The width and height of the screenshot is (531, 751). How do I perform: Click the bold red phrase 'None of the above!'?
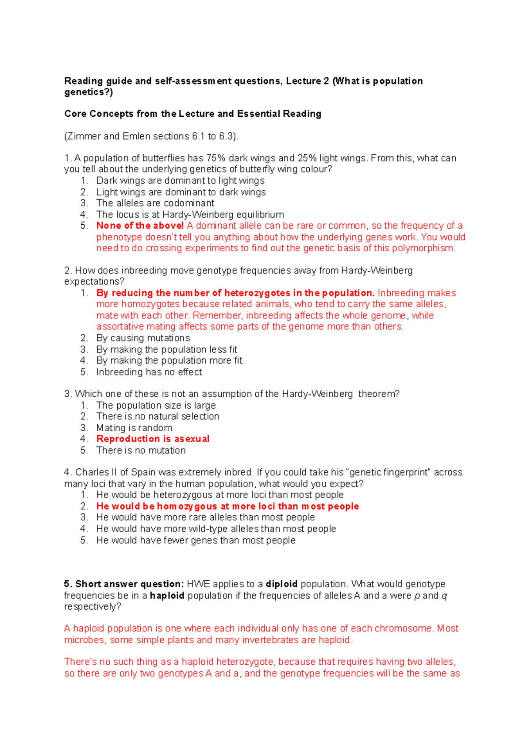coord(140,226)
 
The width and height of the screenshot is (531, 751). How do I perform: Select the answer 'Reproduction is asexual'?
coord(153,439)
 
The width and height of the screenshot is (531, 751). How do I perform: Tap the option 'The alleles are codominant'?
coord(155,203)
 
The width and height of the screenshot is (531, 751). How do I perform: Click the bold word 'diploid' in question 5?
coord(281,584)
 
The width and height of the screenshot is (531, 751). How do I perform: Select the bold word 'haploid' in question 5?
coord(167,595)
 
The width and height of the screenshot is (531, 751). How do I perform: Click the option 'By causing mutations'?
coord(143,338)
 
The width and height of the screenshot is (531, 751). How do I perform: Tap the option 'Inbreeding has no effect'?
coord(149,372)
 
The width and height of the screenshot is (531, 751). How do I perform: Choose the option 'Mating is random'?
coord(134,428)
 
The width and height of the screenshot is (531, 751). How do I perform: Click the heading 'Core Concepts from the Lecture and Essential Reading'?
coord(192,114)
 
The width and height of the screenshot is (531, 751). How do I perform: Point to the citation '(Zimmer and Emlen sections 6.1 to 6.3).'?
coord(151,136)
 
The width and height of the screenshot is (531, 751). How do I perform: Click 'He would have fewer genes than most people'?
coord(196,540)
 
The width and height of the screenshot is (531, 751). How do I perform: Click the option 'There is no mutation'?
coord(141,450)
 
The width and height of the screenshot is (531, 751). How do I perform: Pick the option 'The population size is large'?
coord(156,405)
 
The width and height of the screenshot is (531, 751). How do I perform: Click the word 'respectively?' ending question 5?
coord(92,606)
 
